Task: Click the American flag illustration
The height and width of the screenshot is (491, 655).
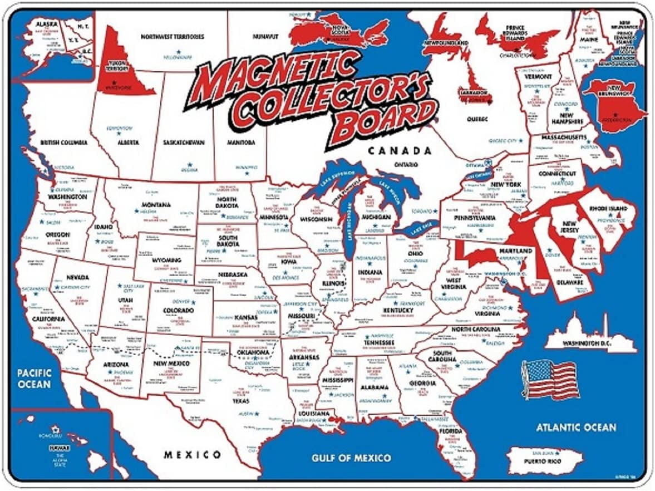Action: (549, 379)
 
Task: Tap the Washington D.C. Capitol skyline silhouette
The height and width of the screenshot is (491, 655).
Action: (590, 336)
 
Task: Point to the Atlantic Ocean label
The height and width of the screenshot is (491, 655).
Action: (575, 428)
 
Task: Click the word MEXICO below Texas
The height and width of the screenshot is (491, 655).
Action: (192, 455)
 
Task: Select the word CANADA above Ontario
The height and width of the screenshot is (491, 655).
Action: (399, 151)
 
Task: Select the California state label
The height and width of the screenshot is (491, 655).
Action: (48, 320)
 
